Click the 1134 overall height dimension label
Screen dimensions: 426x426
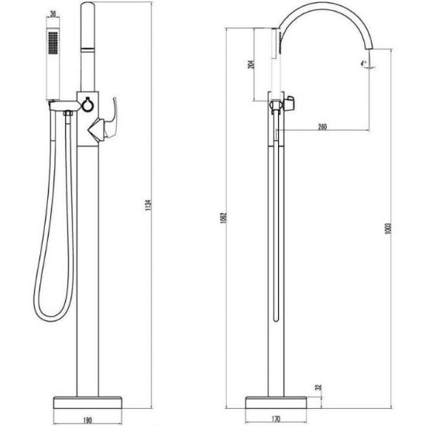pos(148,205)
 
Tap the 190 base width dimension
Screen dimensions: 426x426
pos(88,421)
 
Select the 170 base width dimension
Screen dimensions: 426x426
pos(276,419)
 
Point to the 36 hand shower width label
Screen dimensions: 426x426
pos(53,14)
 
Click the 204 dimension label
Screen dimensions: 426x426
pos(251,64)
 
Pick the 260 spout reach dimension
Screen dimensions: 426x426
pos(322,127)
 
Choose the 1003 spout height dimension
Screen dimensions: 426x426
pos(388,228)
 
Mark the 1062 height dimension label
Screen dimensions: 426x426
pos(224,218)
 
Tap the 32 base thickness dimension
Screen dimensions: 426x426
pos(319,387)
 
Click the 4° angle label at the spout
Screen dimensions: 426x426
pos(363,64)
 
